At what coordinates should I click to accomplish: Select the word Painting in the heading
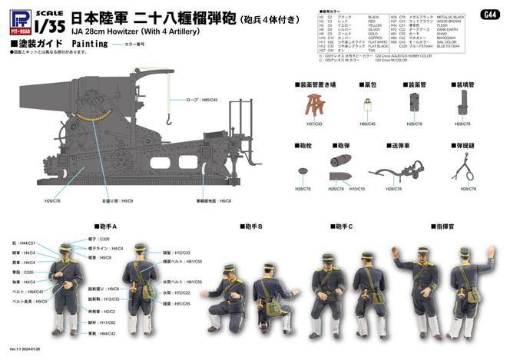pyautogui.click(x=91, y=45)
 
